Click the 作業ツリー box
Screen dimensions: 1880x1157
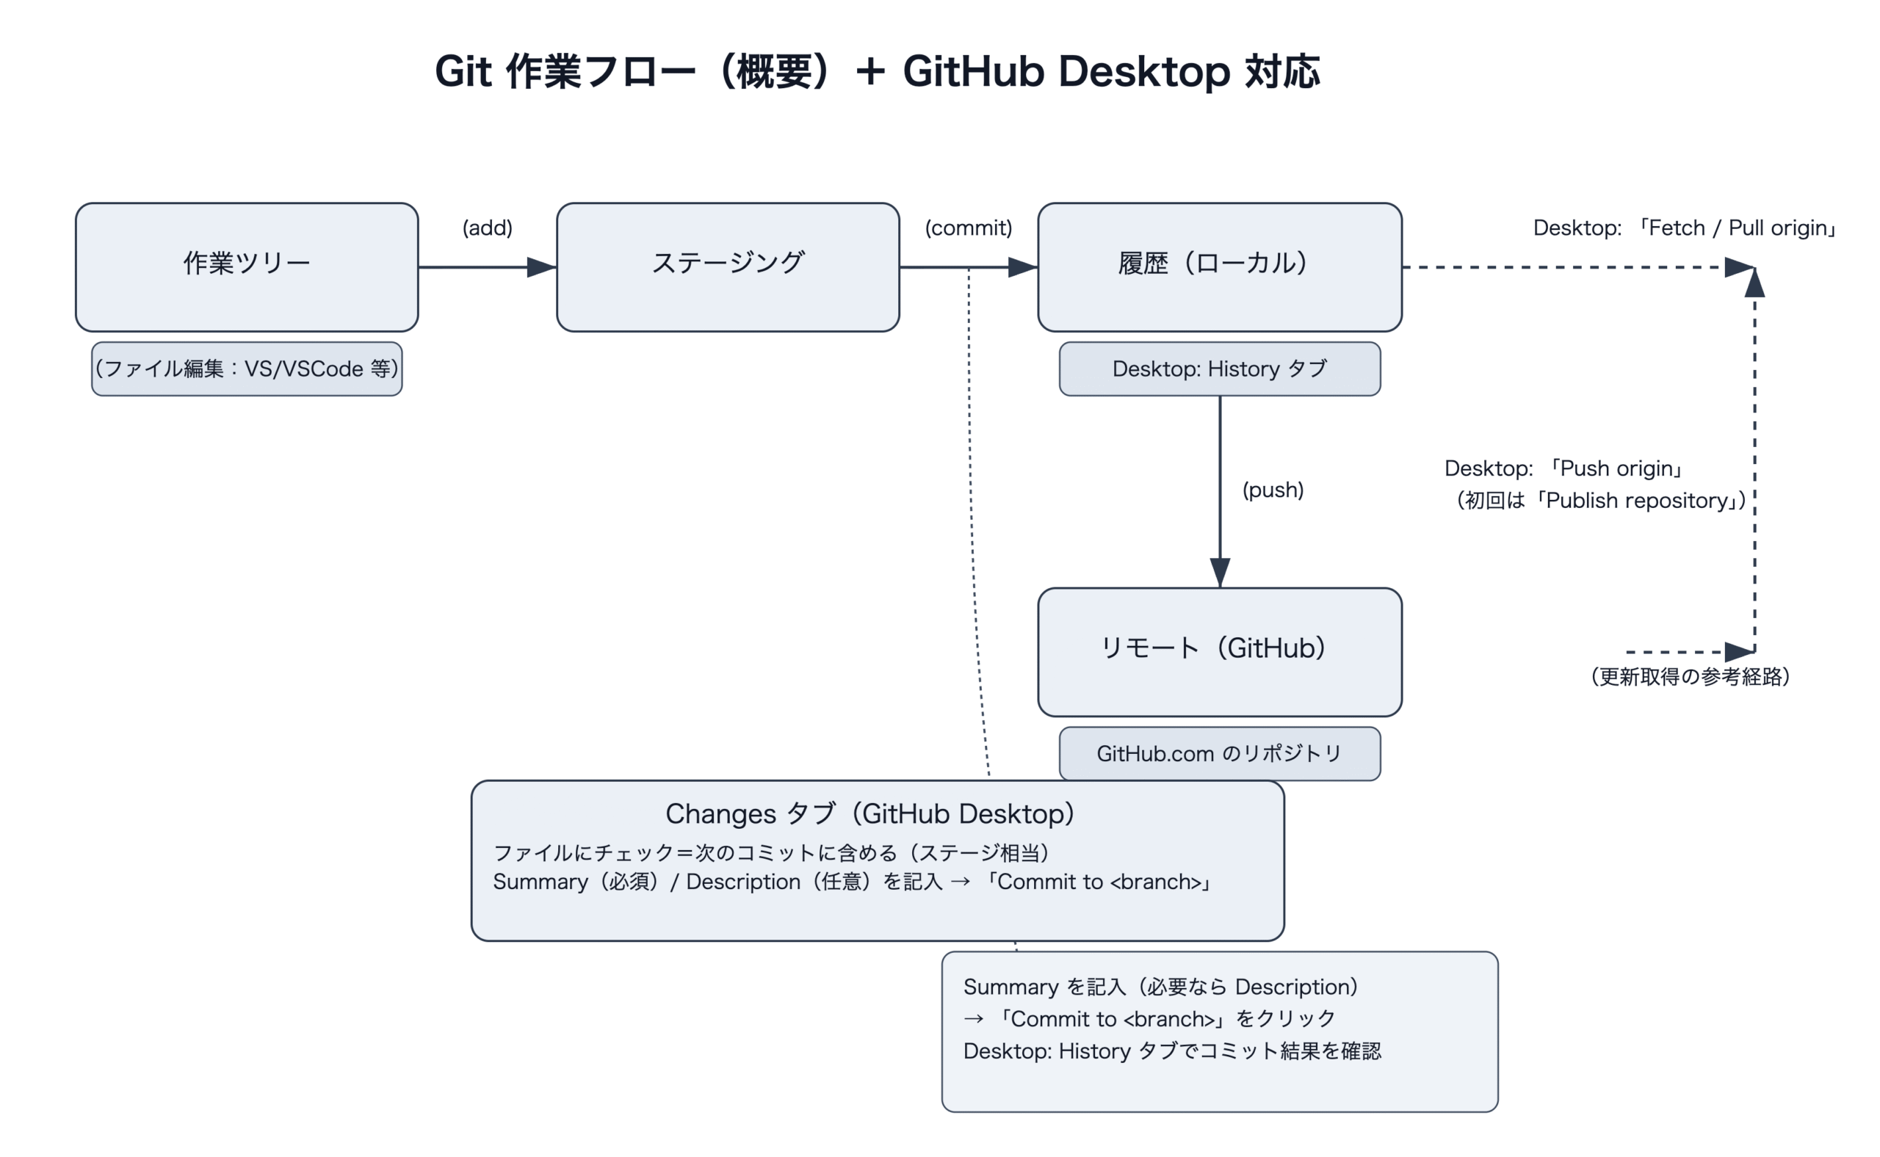click(247, 267)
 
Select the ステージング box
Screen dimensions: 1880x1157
click(727, 267)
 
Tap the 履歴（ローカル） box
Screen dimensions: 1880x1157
click(1218, 267)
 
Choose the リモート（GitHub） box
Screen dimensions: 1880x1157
click(1218, 652)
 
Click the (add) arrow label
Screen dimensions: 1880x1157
click(487, 228)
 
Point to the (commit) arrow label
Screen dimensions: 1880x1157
click(968, 228)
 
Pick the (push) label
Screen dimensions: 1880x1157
click(1272, 490)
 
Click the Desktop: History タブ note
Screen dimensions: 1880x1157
click(1218, 369)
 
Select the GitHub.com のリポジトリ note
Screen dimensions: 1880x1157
click(1218, 754)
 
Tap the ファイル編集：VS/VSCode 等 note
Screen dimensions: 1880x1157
click(247, 369)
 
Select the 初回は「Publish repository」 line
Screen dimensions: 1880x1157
click(1601, 501)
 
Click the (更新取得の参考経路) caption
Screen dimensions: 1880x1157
click(1689, 676)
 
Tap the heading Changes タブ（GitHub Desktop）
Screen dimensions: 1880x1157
click(869, 813)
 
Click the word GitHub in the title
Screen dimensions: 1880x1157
click(974, 72)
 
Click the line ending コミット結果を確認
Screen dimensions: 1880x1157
click(1171, 1051)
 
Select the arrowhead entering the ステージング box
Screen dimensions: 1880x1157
click(541, 267)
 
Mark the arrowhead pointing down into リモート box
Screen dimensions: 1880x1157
click(1219, 573)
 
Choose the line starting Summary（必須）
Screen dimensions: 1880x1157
click(852, 882)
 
